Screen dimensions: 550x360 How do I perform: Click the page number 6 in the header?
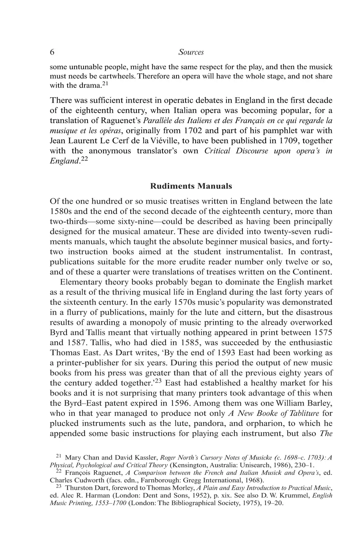pos(52,52)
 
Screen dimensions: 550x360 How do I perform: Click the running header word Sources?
pos(191,52)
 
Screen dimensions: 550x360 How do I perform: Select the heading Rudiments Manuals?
pos(191,186)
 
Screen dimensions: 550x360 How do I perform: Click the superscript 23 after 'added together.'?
pos(158,381)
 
